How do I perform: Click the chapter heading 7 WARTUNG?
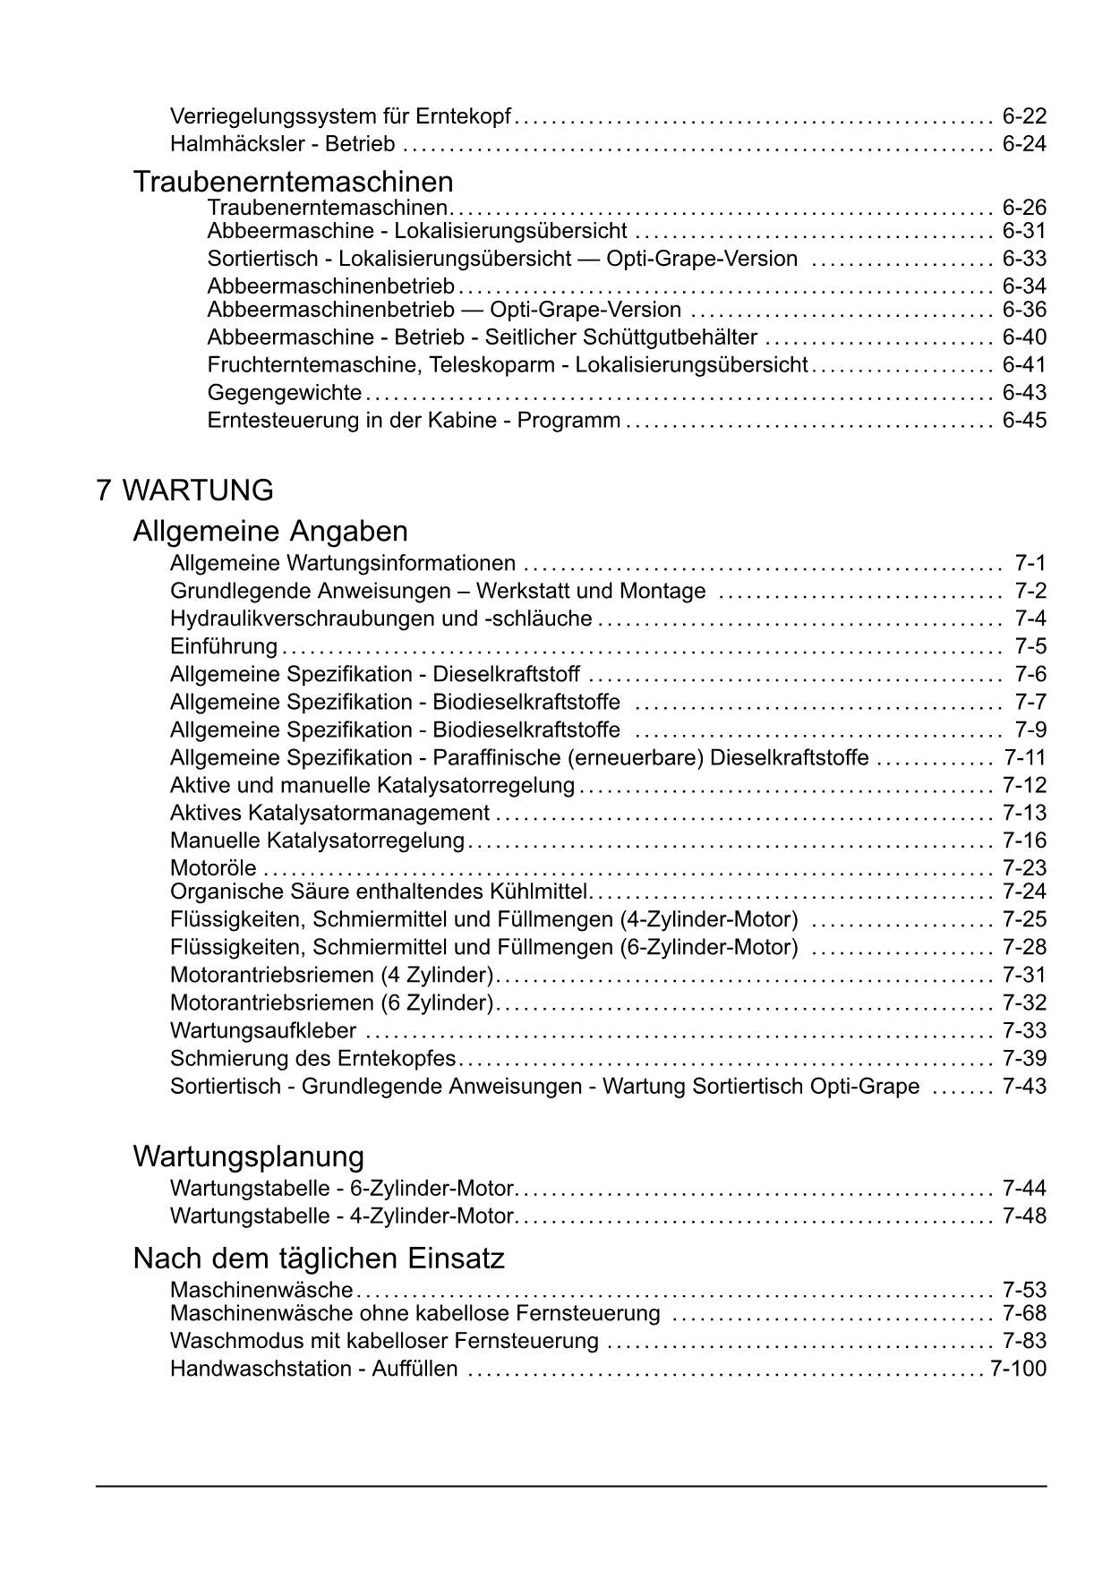coord(184,491)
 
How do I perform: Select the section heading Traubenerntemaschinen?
coord(293,182)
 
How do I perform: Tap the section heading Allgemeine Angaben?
coord(269,531)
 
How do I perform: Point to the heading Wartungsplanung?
coord(248,1156)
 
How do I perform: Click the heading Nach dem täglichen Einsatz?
coord(318,1259)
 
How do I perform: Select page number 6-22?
coord(1024,116)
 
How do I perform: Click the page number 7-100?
coord(1018,1369)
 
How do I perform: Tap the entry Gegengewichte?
coord(284,393)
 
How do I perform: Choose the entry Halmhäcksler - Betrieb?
coord(282,144)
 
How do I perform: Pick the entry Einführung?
coord(223,646)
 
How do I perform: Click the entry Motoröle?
coord(213,868)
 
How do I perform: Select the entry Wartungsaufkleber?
coord(262,1031)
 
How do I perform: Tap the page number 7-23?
coord(1024,868)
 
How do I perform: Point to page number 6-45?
coord(1024,421)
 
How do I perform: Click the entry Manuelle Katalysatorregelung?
coord(317,840)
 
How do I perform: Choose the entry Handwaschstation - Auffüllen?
coord(313,1369)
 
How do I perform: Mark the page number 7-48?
coord(1024,1216)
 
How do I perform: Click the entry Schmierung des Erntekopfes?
coord(312,1059)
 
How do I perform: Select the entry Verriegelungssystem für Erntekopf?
coord(340,116)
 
